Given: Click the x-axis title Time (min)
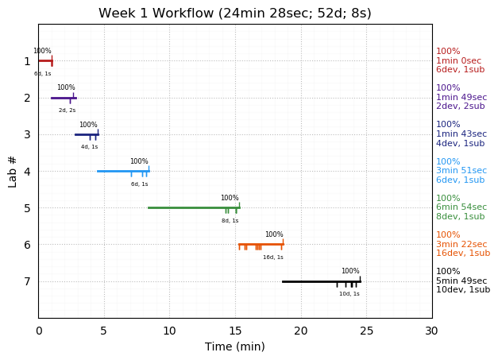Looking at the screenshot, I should [x=234, y=346].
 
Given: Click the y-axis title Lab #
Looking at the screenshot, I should [x=13, y=171].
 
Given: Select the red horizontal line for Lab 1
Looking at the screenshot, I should [x=44, y=60].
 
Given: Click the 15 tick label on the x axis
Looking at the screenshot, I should [x=235, y=331].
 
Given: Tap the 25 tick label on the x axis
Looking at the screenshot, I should [x=366, y=331].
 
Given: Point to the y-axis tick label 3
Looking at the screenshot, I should [x=27, y=134].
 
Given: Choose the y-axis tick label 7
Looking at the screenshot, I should [x=27, y=281].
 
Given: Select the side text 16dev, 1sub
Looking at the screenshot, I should [x=463, y=254].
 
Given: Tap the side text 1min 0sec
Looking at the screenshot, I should [x=458, y=60].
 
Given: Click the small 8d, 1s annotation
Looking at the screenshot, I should [x=230, y=220].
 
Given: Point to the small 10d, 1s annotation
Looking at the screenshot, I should [x=349, y=294].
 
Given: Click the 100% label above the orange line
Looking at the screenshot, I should [x=274, y=234].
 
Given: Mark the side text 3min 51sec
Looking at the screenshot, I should [x=461, y=171].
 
